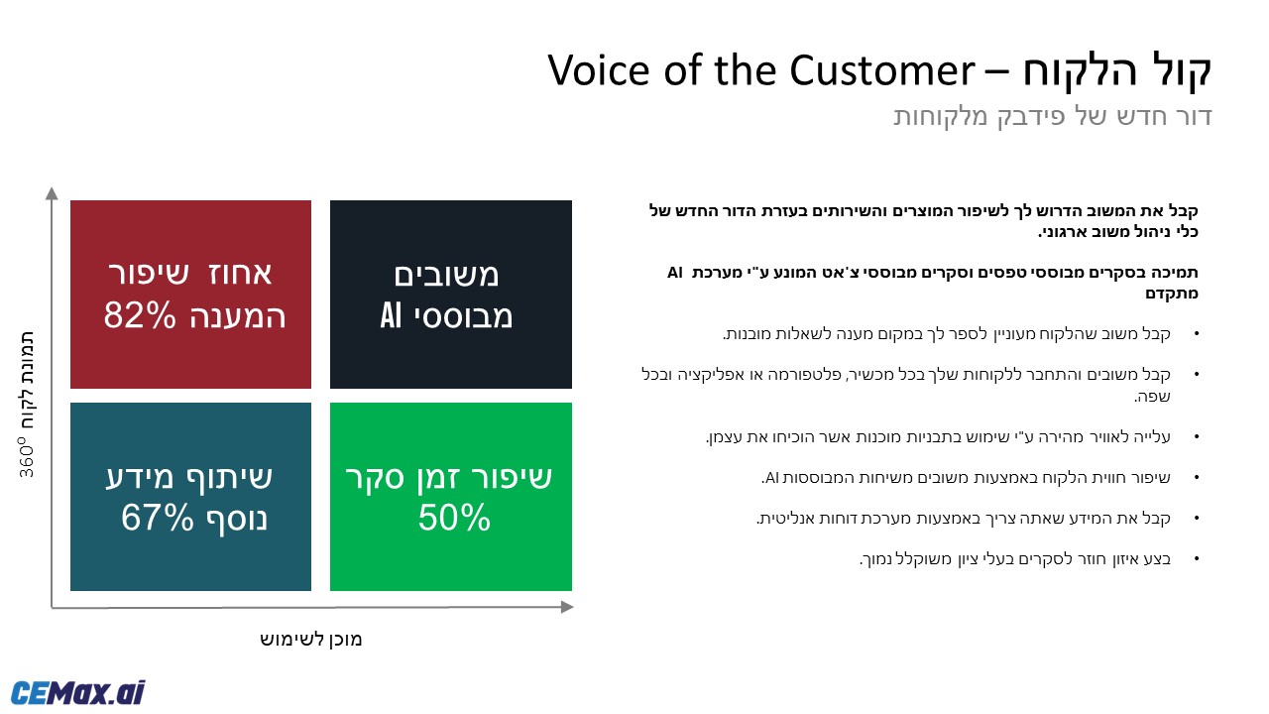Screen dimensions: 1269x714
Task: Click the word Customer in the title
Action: click(x=881, y=70)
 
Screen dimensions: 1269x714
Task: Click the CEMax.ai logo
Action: click(x=77, y=692)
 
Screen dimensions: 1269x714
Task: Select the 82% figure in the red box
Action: click(x=140, y=315)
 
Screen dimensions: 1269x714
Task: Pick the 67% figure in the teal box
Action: click(x=157, y=517)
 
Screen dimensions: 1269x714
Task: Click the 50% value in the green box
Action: click(x=454, y=517)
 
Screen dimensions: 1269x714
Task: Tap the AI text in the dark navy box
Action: click(x=391, y=315)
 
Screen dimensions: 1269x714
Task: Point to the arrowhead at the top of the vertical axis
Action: click(x=52, y=193)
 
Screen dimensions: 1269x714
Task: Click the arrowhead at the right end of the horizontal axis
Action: click(x=567, y=607)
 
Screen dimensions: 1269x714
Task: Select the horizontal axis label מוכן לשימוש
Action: click(x=311, y=640)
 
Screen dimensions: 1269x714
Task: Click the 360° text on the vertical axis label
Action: click(x=27, y=457)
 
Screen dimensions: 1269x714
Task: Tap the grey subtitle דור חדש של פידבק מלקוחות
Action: click(x=1053, y=116)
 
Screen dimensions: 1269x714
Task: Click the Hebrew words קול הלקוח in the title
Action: click(x=1117, y=70)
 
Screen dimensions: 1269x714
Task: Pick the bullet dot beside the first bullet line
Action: click(x=1197, y=333)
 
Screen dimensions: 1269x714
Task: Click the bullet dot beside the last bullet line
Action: click(x=1197, y=558)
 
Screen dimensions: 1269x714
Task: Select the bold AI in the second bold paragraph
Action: click(x=675, y=273)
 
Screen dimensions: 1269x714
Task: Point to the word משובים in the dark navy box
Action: click(x=446, y=276)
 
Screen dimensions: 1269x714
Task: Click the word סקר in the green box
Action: click(x=375, y=477)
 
